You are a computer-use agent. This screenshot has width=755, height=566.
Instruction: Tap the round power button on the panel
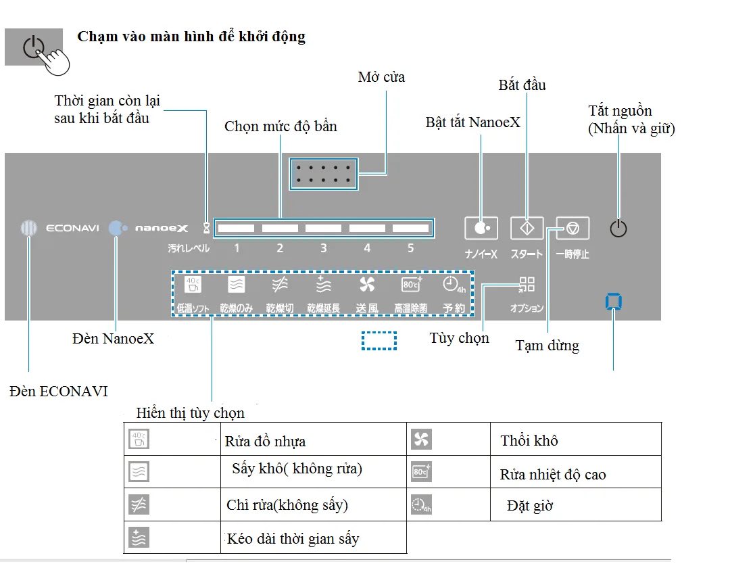pos(618,229)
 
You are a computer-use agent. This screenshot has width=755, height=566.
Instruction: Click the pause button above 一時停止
pos(573,229)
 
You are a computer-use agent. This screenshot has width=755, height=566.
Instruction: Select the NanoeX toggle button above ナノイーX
pos(481,229)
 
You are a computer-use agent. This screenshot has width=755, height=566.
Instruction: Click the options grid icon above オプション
pos(527,285)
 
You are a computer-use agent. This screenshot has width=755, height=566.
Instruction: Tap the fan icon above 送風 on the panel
pos(367,284)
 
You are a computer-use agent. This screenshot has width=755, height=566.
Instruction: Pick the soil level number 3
pos(323,248)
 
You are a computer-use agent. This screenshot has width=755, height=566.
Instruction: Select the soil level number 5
pos(410,248)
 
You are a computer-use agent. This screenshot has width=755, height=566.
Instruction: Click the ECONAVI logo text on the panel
pos(72,229)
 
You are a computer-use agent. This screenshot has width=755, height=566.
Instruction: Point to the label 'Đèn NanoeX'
pos(113,338)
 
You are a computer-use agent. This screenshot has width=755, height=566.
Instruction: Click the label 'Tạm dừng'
pos(547,346)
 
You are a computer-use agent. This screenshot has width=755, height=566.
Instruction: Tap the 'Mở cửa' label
pos(381,77)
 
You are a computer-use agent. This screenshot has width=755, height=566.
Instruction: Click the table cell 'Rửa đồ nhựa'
pos(265,442)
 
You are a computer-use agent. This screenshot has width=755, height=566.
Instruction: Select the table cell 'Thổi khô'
pos(529,441)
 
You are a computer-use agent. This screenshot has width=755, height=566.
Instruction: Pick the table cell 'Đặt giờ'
pos(530,506)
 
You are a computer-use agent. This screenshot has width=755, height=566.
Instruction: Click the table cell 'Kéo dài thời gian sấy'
pos(293,539)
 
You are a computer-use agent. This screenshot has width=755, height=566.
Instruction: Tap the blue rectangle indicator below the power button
pos(614,302)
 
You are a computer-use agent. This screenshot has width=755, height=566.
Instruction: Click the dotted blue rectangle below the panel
pos(379,341)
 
